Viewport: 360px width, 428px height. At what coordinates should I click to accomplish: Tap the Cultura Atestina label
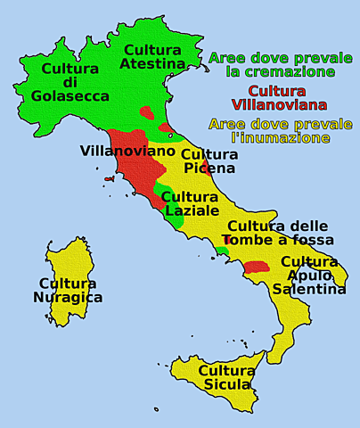pos(153,56)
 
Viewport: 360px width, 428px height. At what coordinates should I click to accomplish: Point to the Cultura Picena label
pos(209,160)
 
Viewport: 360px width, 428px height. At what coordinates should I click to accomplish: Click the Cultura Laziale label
pos(190,203)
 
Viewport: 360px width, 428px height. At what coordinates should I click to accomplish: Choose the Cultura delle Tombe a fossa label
pos(280,233)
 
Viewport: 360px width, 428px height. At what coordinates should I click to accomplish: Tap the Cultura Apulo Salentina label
pos(309,275)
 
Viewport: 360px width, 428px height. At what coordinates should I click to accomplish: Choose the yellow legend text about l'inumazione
pos(280,131)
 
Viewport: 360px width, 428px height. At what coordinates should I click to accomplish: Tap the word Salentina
pos(309,289)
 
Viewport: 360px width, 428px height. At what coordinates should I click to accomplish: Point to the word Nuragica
pos(68,298)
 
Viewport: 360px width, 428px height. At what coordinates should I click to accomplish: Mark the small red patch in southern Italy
pos(257,266)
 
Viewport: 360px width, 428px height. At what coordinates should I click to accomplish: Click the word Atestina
pos(153,63)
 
